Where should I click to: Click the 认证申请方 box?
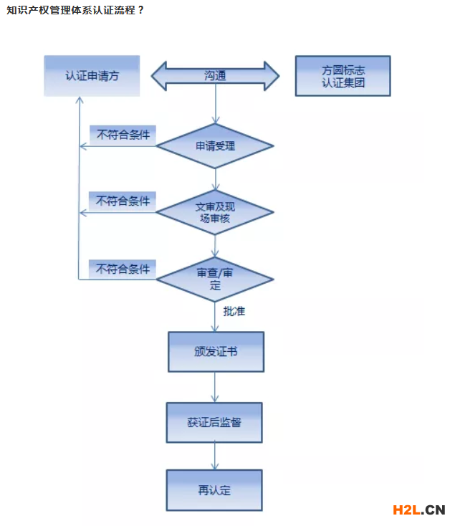click(x=92, y=76)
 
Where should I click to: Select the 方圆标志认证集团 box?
click(x=343, y=76)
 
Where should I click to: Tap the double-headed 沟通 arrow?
click(x=215, y=76)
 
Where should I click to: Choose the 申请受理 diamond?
click(x=215, y=146)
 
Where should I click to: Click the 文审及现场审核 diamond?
click(x=215, y=212)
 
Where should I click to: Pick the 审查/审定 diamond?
click(x=215, y=279)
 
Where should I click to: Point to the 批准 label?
click(x=234, y=311)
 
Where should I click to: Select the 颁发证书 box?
click(x=216, y=352)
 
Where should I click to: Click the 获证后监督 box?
click(x=214, y=423)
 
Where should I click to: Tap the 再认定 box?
click(x=214, y=490)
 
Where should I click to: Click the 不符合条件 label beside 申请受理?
click(x=123, y=135)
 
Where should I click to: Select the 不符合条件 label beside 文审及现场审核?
click(x=123, y=201)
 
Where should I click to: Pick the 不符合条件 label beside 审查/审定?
click(x=123, y=269)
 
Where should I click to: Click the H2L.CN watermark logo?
click(x=419, y=510)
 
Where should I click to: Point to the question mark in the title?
click(x=141, y=10)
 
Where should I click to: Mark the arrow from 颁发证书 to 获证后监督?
click(x=215, y=387)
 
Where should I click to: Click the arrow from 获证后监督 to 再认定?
click(x=215, y=456)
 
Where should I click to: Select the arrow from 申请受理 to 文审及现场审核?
click(x=216, y=179)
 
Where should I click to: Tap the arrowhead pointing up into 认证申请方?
click(x=80, y=100)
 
